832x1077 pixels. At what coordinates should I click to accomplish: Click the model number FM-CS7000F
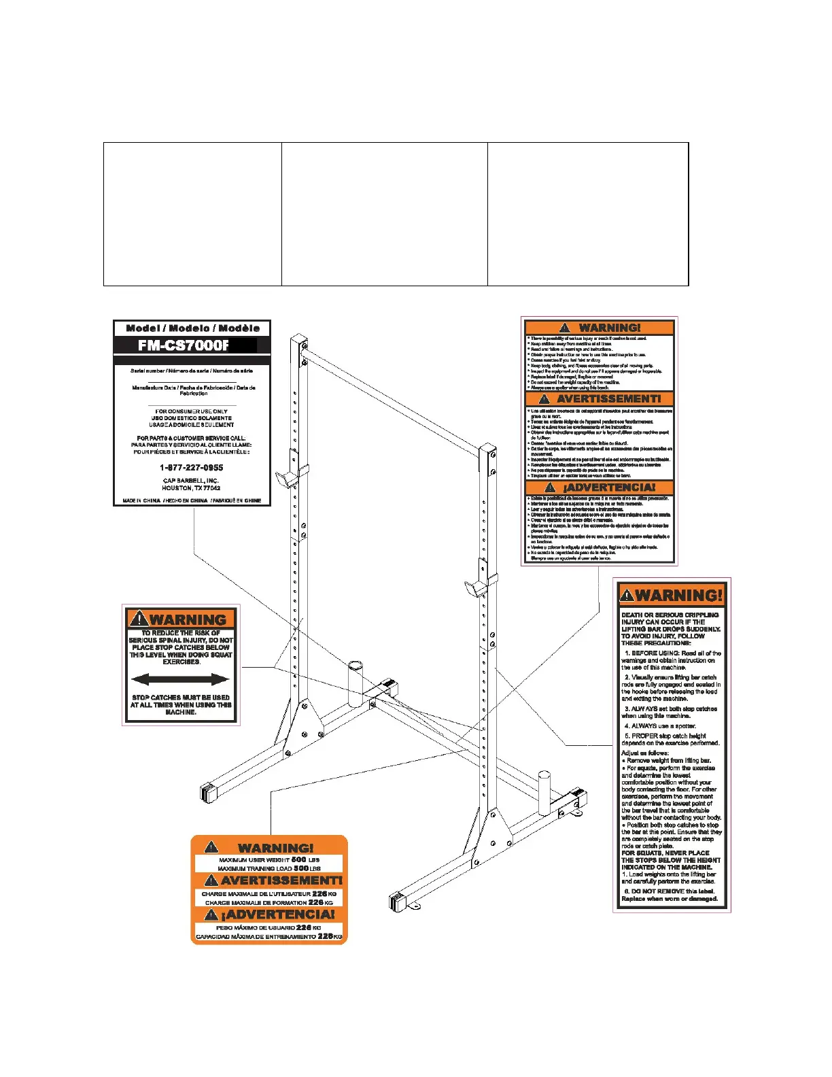(x=184, y=345)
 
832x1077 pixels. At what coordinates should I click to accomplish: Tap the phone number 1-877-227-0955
(x=192, y=468)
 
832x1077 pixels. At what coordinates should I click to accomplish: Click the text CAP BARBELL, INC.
(x=191, y=481)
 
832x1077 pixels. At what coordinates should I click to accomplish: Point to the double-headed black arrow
(x=180, y=679)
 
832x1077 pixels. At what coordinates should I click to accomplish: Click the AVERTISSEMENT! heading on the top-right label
(x=600, y=399)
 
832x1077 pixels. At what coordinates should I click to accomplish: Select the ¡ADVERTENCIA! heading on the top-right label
(x=600, y=488)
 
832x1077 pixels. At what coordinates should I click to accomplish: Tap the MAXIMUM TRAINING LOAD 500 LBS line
(x=268, y=868)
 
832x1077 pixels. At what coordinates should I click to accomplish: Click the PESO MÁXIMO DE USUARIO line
(x=268, y=927)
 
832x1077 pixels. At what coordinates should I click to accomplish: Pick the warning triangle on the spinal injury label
(x=139, y=619)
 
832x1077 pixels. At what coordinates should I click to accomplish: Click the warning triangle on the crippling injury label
(x=627, y=596)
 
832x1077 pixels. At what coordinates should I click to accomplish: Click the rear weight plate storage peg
(x=357, y=683)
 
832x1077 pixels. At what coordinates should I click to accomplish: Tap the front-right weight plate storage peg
(x=544, y=792)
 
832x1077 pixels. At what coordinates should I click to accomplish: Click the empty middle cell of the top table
(x=384, y=214)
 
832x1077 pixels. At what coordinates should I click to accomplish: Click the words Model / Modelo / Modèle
(x=192, y=328)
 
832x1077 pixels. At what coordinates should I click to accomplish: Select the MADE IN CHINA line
(x=192, y=500)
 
